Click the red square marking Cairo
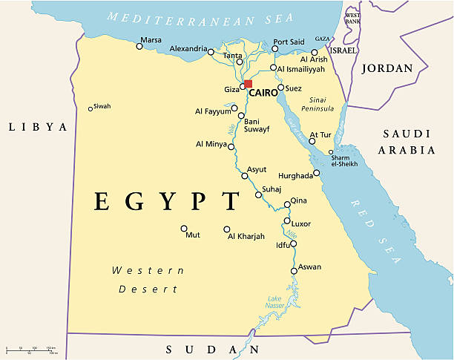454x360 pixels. point(249,84)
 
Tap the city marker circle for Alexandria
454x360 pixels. point(211,52)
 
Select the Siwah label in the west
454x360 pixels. point(102,106)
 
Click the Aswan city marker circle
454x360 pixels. point(294,271)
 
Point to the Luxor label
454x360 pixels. point(301,223)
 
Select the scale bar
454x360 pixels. point(30,349)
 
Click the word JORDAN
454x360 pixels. point(386,68)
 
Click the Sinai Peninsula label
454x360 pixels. point(318,104)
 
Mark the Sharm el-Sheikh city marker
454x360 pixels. point(332,152)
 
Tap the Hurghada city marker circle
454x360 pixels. point(317,173)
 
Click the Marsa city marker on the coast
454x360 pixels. point(139,46)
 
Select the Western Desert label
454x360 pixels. point(148,280)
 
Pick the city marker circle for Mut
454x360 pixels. point(184,228)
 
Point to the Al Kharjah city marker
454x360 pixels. point(227,229)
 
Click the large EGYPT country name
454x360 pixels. point(167,201)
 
